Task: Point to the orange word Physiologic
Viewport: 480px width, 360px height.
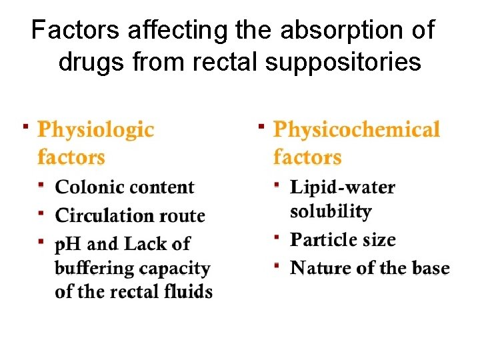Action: (x=95, y=129)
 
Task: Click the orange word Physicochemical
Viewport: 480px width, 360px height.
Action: (x=357, y=129)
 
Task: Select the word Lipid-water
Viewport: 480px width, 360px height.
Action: (x=343, y=187)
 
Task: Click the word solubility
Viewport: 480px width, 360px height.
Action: (x=331, y=211)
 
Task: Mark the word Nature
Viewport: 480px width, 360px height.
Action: (x=318, y=268)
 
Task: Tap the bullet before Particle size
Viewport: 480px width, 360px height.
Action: (x=275, y=237)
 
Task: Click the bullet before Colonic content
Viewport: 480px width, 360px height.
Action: (x=41, y=183)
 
